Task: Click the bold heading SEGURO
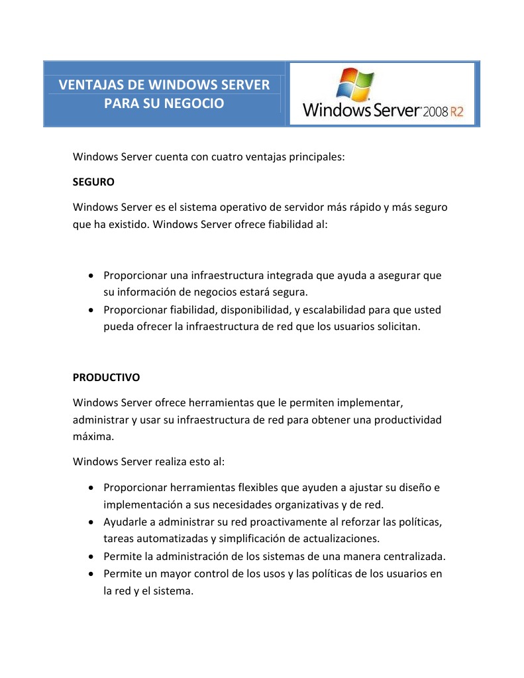[93, 181]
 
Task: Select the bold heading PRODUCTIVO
[106, 377]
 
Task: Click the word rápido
[363, 207]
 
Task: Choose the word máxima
[91, 437]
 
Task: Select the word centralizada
[414, 556]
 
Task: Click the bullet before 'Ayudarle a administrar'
[91, 522]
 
